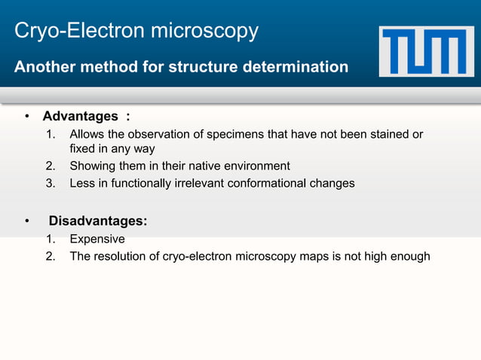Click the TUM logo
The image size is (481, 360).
tap(427, 51)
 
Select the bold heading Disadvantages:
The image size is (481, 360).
tap(98, 221)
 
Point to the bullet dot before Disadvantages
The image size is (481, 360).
tap(26, 221)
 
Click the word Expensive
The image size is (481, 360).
tap(97, 239)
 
